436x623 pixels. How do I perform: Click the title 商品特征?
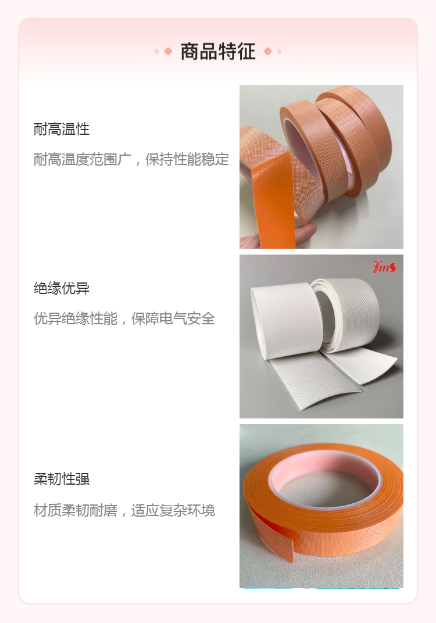pos(218,52)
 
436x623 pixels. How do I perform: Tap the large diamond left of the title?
pos(168,51)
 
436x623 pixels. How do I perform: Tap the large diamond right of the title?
pos(268,51)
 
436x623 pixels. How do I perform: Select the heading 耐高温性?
pos(62,129)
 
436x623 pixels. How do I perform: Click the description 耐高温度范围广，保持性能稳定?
pos(131,159)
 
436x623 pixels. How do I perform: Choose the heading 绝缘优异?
pos(62,288)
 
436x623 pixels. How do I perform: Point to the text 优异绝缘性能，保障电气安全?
pos(124,318)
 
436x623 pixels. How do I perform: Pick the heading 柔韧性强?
pos(62,479)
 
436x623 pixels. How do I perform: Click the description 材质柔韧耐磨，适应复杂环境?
pos(124,510)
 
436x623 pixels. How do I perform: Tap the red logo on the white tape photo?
pos(384,267)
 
